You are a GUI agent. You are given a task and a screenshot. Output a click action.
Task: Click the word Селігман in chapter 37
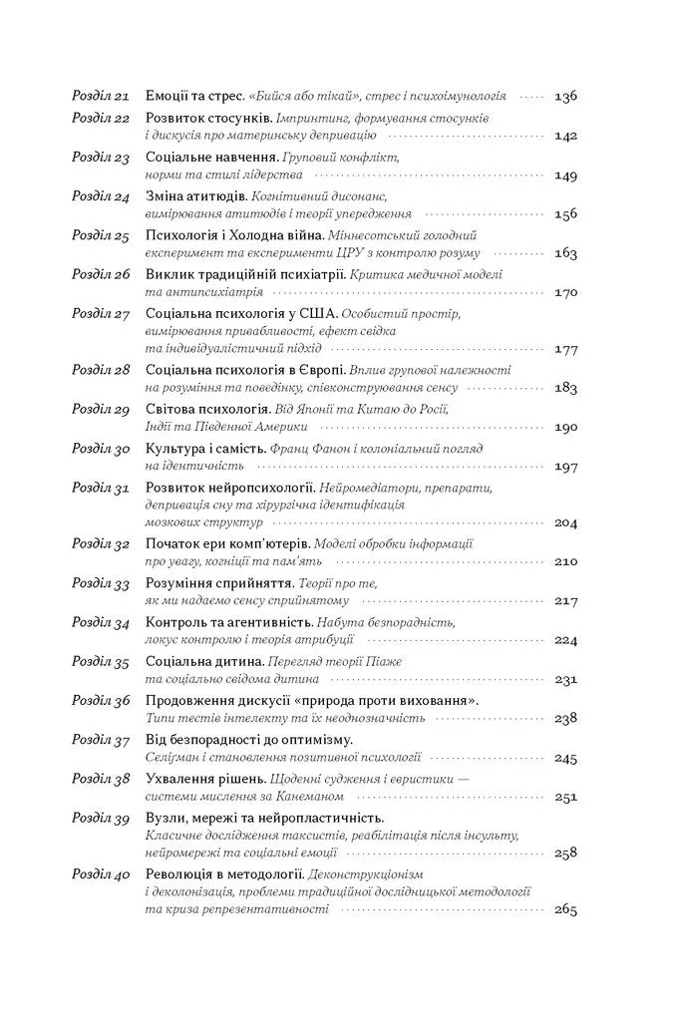175,757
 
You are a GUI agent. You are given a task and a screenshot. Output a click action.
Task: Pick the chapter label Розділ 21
102,97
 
